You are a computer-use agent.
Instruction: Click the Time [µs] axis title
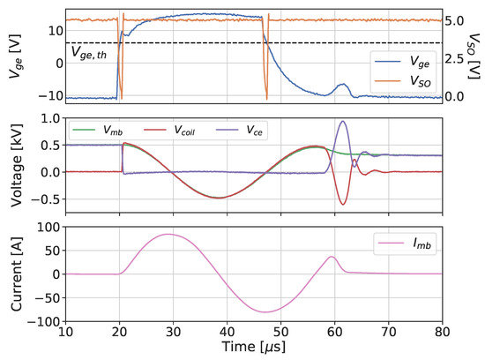pyautogui.click(x=254, y=349)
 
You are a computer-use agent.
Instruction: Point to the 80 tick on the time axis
pyautogui.click(x=443, y=332)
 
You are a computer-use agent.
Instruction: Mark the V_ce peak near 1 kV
pyautogui.click(x=342, y=121)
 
